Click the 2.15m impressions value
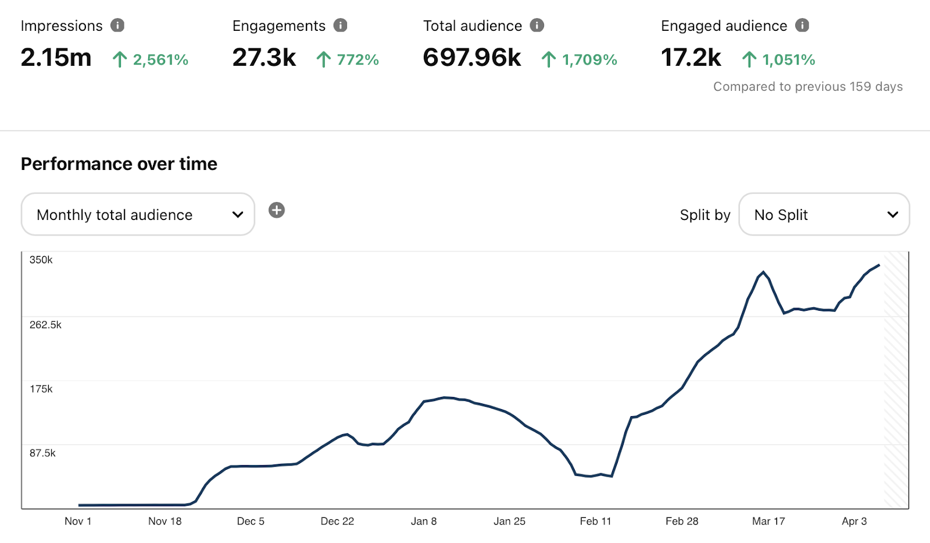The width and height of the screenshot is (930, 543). click(x=56, y=58)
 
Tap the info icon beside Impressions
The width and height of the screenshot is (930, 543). click(x=117, y=26)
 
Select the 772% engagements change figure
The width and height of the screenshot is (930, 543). click(x=357, y=59)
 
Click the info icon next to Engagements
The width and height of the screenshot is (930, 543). click(x=340, y=26)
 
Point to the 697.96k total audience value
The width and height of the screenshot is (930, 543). click(x=472, y=58)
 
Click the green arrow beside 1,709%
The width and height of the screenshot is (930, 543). click(x=548, y=59)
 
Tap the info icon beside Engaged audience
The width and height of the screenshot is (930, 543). click(x=802, y=26)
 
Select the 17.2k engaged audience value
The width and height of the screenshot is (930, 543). click(x=691, y=58)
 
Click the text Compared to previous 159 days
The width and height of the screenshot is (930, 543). click(x=808, y=87)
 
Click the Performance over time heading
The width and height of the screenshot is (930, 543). click(x=119, y=164)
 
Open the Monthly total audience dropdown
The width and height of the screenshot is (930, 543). click(x=138, y=215)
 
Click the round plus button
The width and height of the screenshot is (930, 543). click(x=277, y=210)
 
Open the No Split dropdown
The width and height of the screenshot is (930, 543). click(x=824, y=215)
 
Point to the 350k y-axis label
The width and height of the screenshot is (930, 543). click(x=41, y=260)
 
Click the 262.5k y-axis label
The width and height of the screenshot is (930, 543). click(x=45, y=325)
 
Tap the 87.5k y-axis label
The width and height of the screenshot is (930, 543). click(x=42, y=453)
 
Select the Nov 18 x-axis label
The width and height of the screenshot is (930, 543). click(x=165, y=521)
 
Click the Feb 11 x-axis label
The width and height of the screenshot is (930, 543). click(x=596, y=521)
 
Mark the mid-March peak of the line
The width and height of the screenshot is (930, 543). click(x=763, y=272)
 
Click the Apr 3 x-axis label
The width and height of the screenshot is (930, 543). click(x=854, y=521)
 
